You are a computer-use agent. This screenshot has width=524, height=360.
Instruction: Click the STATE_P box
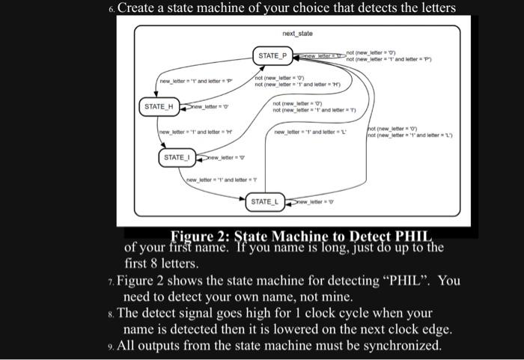pyautogui.click(x=272, y=56)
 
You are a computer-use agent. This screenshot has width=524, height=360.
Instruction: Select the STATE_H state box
pyautogui.click(x=159, y=107)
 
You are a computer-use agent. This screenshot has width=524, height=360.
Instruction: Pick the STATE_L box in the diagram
pyautogui.click(x=264, y=202)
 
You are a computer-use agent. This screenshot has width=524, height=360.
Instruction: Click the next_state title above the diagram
pyautogui.click(x=297, y=34)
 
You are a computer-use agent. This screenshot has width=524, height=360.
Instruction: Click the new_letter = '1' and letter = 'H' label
pyautogui.click(x=187, y=132)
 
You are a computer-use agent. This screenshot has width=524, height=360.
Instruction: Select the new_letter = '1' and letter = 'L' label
pyautogui.click(x=311, y=132)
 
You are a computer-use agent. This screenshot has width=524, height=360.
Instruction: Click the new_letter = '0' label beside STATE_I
pyautogui.click(x=222, y=158)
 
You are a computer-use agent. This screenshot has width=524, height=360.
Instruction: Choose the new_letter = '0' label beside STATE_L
pyautogui.click(x=314, y=202)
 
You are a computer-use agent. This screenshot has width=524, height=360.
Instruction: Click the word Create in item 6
pyautogui.click(x=140, y=10)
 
